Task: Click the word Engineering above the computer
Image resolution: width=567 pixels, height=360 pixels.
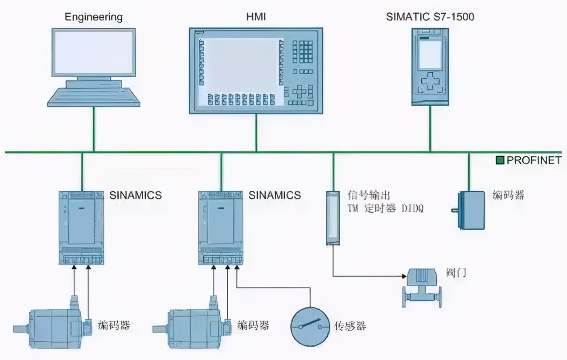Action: click(93, 17)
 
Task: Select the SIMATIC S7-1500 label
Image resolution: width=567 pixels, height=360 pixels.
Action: click(430, 17)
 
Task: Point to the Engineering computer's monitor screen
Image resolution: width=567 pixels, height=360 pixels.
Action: click(93, 54)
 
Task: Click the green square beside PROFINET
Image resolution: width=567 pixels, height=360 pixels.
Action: click(500, 160)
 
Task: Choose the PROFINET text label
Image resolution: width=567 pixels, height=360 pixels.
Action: click(534, 160)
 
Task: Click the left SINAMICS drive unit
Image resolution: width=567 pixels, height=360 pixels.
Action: click(82, 227)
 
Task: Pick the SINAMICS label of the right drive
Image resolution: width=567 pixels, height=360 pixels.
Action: click(275, 195)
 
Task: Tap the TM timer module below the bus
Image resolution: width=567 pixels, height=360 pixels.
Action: click(333, 218)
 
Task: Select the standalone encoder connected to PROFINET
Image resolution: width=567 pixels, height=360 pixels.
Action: click(470, 210)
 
